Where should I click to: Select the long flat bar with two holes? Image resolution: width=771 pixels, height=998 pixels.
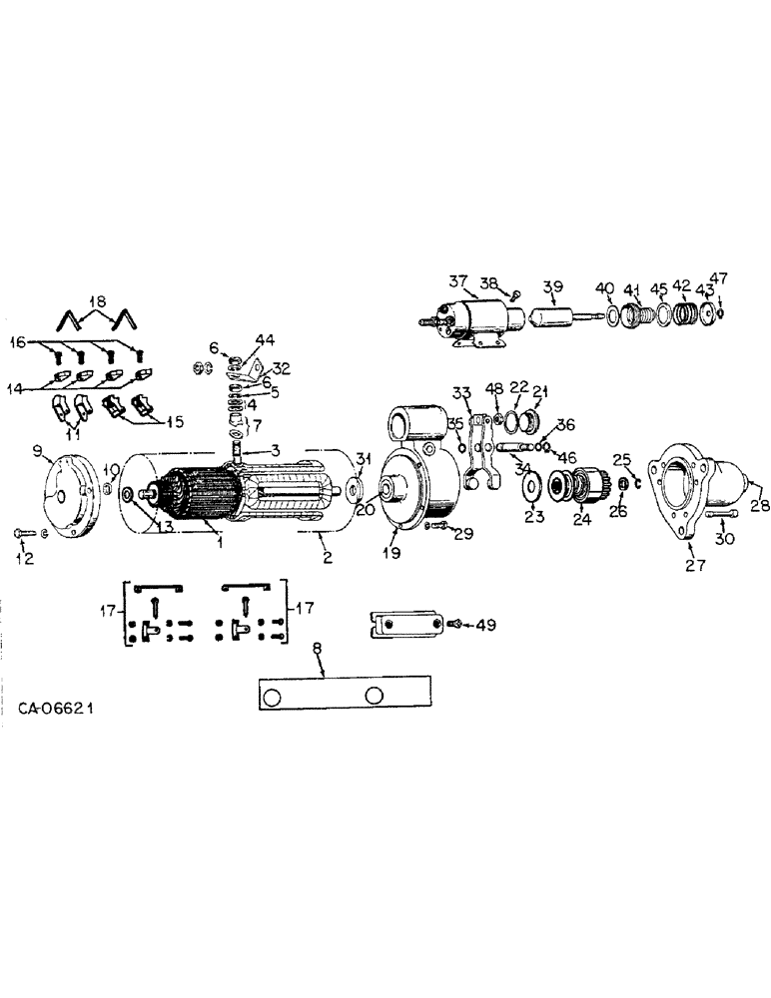tap(345, 693)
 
